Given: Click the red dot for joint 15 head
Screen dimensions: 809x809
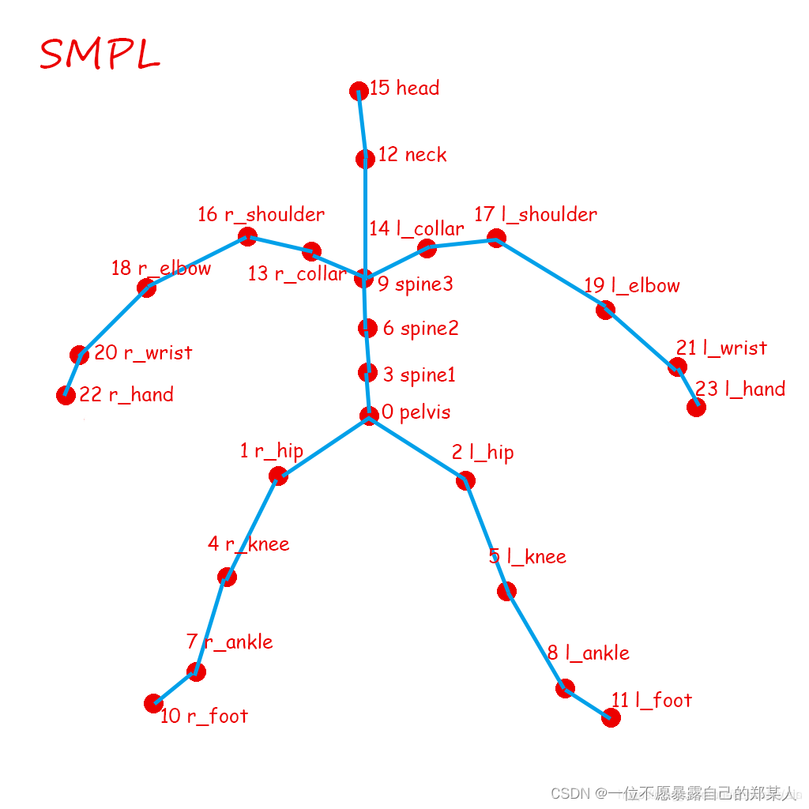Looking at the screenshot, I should tap(359, 91).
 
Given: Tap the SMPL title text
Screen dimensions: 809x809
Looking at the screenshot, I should tap(100, 54).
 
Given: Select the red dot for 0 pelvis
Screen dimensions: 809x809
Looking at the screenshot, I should tap(369, 416).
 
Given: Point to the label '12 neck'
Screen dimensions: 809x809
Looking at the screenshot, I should tap(412, 155).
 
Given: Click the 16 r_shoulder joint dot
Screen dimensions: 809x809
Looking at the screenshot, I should tap(247, 235).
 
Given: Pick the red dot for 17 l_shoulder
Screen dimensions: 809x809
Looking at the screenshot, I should tap(496, 238).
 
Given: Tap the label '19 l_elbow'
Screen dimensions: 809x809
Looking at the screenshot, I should tap(632, 285).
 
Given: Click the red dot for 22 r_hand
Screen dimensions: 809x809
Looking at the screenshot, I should tap(66, 395).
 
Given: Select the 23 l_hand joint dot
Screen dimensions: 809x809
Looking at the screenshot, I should tap(696, 407).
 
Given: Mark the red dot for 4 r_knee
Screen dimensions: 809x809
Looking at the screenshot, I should tap(227, 577).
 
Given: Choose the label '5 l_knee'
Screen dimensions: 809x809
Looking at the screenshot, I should tap(528, 556).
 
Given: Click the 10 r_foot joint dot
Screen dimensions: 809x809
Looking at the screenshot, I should tap(154, 703).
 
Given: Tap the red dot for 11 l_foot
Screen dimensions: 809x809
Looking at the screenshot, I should tap(611, 717).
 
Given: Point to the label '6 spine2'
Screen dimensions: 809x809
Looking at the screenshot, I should tap(420, 328).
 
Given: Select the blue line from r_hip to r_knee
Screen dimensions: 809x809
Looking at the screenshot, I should tap(252, 526).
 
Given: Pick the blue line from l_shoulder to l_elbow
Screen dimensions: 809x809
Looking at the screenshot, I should tap(551, 273).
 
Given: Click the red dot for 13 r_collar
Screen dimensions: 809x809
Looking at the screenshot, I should tap(312, 251).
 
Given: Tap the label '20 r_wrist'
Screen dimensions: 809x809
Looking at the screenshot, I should tap(143, 352).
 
